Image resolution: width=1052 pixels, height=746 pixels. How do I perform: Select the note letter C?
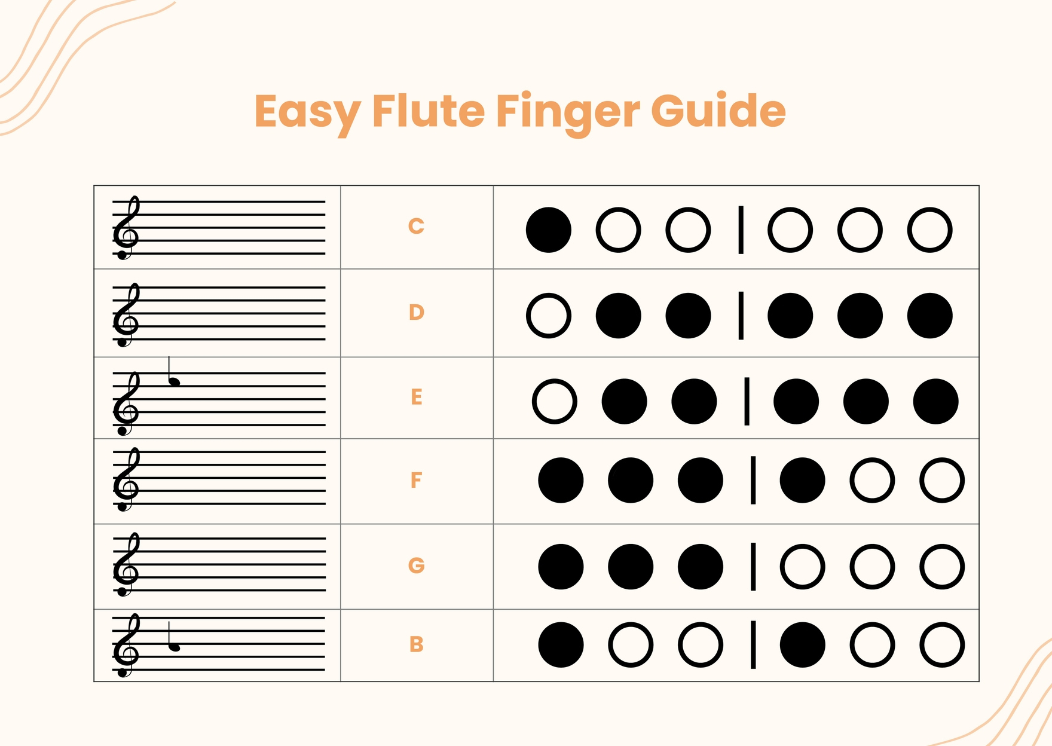point(416,226)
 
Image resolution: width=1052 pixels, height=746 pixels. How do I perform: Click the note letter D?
point(416,312)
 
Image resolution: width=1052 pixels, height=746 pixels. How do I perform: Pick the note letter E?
point(417,397)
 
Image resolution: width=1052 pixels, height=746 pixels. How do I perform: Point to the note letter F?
point(416,480)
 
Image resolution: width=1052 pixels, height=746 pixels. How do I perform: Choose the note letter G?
point(416,565)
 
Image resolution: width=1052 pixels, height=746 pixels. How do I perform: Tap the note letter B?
point(417,644)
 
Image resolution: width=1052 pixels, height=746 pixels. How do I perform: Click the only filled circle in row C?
point(548,230)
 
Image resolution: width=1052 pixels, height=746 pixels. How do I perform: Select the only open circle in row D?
point(548,316)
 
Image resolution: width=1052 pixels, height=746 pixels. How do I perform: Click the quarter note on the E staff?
point(174,380)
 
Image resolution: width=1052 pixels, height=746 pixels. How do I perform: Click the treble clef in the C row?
point(126,229)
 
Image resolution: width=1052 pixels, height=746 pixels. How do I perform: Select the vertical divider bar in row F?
point(753,480)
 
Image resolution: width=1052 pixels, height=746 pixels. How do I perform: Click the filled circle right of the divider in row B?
point(802,645)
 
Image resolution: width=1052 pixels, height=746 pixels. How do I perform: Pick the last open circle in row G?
point(941,567)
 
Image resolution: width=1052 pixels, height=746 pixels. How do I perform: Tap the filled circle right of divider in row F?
point(802,481)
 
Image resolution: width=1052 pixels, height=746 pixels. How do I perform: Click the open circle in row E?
point(554,401)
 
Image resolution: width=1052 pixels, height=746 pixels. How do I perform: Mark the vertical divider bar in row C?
point(741,230)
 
